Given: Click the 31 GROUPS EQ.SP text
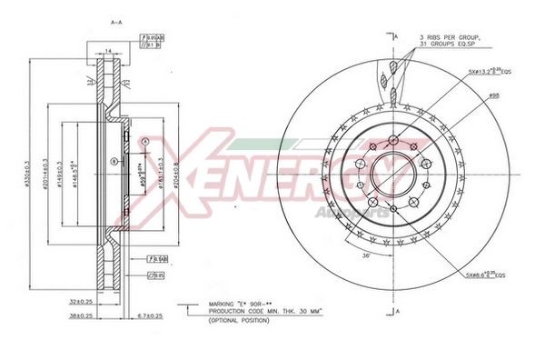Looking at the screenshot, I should [450, 45].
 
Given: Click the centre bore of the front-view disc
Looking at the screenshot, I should [393, 172].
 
